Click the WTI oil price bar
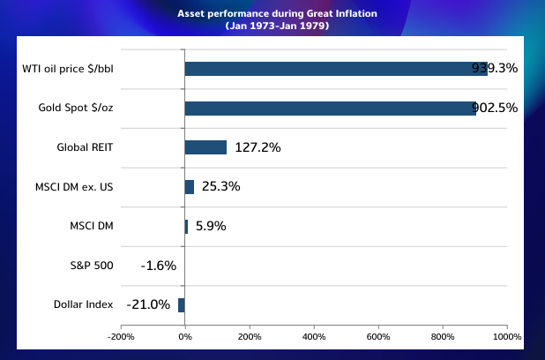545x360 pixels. [x=335, y=69]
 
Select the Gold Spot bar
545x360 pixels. [x=330, y=109]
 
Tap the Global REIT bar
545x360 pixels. [x=205, y=147]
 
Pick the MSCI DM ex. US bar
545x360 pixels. [x=189, y=187]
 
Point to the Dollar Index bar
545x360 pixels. [x=182, y=304]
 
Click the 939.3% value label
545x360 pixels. [x=495, y=69]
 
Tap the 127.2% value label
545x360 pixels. [x=258, y=147]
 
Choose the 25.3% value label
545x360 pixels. [x=220, y=187]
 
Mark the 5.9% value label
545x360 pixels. [x=211, y=226]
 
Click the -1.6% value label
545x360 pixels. [x=159, y=266]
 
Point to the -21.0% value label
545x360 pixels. [x=148, y=304]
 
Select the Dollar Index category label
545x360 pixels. [x=83, y=304]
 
